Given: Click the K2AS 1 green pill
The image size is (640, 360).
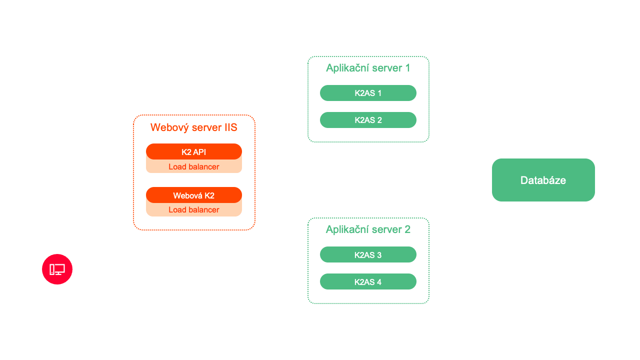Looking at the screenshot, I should (368, 93).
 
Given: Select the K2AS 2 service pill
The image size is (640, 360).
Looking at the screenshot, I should (368, 120).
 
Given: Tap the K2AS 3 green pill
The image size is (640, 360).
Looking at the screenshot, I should (368, 255).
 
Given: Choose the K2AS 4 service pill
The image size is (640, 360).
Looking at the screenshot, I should (368, 282).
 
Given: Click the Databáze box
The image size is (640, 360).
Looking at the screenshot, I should (543, 180).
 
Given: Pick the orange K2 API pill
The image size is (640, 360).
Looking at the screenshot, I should (194, 151).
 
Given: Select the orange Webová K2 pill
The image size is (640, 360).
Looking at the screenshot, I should (194, 195).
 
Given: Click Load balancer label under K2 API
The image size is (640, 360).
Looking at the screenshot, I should (194, 167).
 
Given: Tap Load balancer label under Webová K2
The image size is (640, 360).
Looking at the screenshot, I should (194, 210).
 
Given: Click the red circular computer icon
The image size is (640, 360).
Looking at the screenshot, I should (57, 269).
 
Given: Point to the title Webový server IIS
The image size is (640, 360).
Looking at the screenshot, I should (194, 127).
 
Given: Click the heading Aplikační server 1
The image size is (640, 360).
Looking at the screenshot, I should (368, 68).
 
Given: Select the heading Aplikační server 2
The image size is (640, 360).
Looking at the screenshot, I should (368, 229).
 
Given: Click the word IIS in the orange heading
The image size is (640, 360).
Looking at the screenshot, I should (230, 127).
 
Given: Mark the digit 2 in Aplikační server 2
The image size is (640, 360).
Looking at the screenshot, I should (407, 229).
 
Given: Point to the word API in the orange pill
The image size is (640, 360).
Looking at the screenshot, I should (199, 152).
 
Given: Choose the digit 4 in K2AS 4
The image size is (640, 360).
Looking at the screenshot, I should (379, 282).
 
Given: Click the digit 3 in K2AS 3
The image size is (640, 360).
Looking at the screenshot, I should (379, 255).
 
